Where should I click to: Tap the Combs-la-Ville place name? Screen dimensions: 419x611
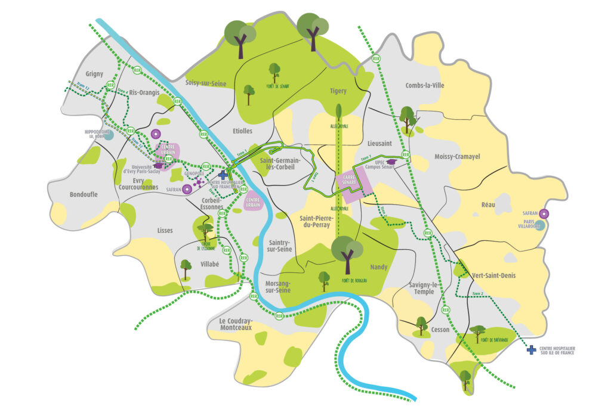click(425, 85)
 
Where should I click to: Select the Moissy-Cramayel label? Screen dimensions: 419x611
click(458, 156)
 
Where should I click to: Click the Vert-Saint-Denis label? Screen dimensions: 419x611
click(493, 275)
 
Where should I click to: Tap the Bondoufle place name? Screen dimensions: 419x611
click(84, 195)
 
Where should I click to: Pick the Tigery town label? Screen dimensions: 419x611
click(338, 91)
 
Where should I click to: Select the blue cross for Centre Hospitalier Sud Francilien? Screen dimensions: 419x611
click(223, 175)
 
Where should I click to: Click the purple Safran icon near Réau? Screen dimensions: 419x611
click(544, 213)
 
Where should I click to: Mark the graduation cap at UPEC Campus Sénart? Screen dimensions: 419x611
click(391, 161)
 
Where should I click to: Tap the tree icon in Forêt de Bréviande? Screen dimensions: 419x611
click(477, 331)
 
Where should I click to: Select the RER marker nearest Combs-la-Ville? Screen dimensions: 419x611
click(376, 59)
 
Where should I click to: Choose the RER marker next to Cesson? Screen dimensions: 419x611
click(445, 310)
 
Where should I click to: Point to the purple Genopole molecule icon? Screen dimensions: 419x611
click(198, 181)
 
